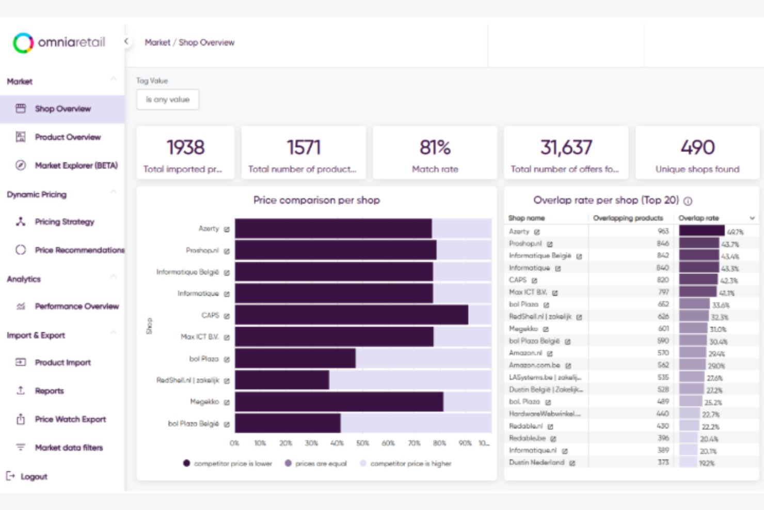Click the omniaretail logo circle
click(23, 43)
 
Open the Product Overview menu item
click(67, 137)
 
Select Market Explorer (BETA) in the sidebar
click(76, 165)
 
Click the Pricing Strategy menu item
click(64, 222)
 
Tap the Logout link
click(33, 476)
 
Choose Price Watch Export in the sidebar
click(70, 419)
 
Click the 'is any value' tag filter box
click(167, 99)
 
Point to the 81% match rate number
click(435, 148)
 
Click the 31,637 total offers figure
click(566, 148)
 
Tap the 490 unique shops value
click(697, 148)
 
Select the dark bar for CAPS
click(351, 315)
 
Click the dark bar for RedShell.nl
click(282, 380)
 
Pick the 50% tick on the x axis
click(362, 443)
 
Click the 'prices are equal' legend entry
click(321, 463)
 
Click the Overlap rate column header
click(698, 218)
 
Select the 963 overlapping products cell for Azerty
click(663, 231)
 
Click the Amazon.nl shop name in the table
click(525, 353)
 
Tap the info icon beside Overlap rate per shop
click(688, 201)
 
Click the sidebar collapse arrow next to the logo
click(126, 41)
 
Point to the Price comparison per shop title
click(316, 200)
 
